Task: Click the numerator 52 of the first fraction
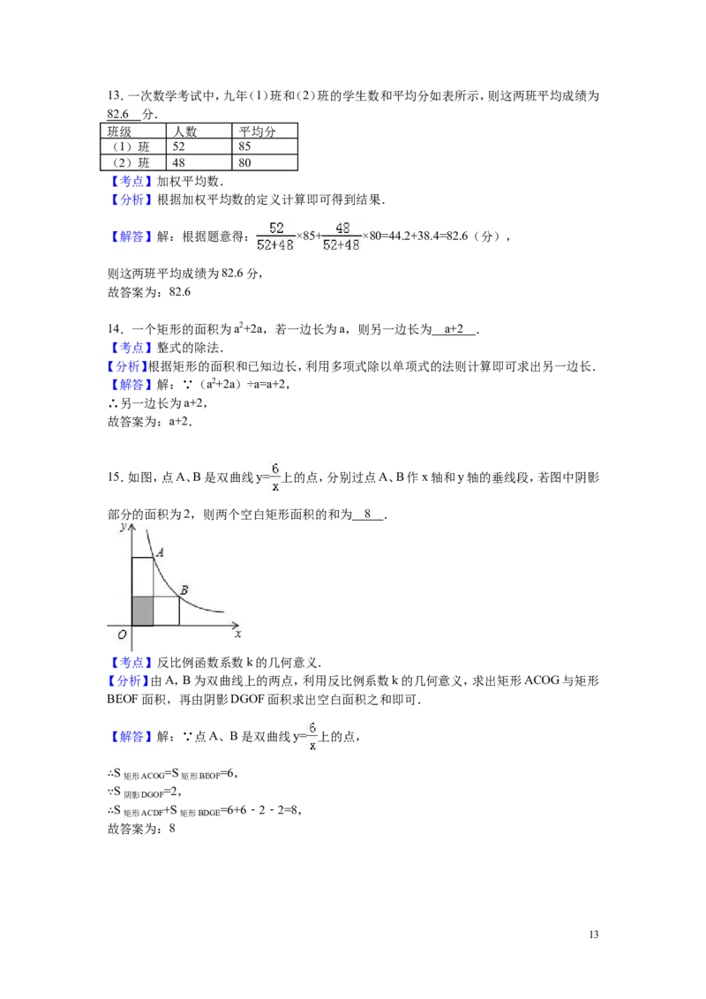(275, 228)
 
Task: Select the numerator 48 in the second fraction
(342, 228)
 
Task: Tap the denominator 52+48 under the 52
(275, 245)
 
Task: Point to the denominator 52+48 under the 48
(342, 245)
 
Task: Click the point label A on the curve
(159, 552)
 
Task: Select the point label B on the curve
(184, 590)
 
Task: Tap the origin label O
(122, 635)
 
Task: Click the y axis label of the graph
(124, 527)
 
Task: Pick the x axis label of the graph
(237, 634)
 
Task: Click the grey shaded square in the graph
(142, 611)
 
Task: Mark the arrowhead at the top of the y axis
(131, 527)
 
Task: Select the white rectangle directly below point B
(166, 611)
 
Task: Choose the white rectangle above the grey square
(142, 577)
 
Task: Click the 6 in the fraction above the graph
(275, 468)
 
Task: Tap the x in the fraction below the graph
(312, 746)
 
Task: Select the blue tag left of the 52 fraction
(131, 237)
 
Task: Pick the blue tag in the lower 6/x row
(131, 738)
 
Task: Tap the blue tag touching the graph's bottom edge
(131, 662)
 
